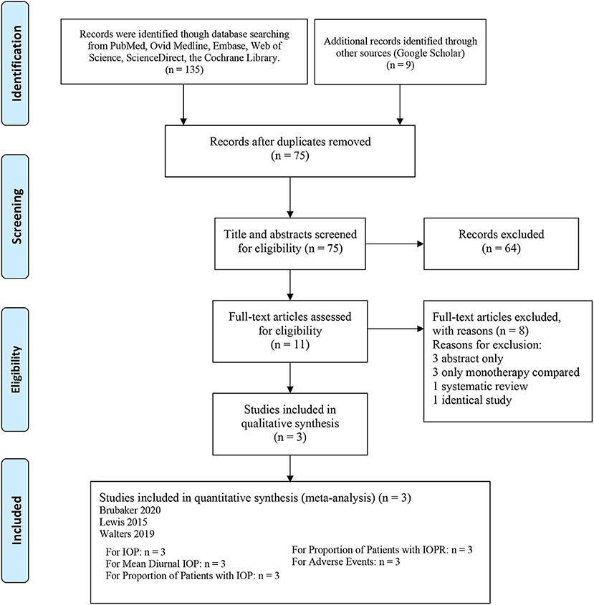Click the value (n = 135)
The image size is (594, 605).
pos(184,69)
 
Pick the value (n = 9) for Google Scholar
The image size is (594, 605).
pos(400,64)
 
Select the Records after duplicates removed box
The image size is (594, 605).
pos(290,151)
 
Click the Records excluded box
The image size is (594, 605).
pos(501,243)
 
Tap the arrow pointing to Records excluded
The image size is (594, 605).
pos(394,244)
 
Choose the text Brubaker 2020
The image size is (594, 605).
pos(130,510)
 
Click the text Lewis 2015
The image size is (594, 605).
pos(123,522)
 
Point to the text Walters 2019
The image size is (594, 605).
pos(127,534)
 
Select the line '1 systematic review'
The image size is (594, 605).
pos(480,386)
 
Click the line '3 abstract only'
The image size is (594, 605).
pos(468,359)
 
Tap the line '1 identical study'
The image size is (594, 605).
pos(472,400)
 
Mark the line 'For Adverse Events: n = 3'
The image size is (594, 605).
pos(345,561)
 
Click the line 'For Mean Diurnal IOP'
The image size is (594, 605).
pos(166,563)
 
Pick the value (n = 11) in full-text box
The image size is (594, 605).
pos(290,344)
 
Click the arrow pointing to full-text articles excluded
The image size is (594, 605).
pos(396,329)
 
